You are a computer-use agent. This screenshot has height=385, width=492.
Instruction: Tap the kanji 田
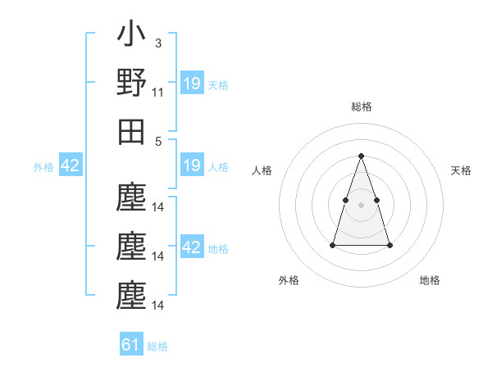[131, 131]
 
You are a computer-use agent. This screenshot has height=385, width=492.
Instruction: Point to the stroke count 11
[158, 93]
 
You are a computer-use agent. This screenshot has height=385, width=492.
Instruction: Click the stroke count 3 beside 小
[157, 43]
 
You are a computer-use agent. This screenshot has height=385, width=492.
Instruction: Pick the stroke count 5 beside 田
[157, 140]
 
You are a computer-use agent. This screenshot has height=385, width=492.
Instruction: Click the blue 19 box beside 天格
[192, 84]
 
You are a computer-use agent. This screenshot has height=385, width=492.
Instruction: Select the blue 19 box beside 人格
[192, 166]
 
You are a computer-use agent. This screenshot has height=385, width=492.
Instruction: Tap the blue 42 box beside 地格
[192, 247]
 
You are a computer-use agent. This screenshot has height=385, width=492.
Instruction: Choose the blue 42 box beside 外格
[70, 166]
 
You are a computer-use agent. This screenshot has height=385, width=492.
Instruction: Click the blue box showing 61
[131, 345]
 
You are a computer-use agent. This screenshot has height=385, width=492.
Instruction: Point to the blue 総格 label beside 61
[157, 346]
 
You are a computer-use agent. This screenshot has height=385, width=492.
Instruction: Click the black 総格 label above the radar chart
[361, 106]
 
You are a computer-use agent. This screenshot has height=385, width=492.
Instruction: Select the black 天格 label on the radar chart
[461, 170]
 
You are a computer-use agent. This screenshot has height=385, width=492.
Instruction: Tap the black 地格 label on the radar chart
[430, 280]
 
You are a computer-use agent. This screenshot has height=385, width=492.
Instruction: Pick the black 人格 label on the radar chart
[262, 170]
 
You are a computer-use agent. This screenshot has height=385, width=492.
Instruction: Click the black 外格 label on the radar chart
[289, 280]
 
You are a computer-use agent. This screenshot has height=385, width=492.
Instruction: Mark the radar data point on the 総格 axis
[361, 156]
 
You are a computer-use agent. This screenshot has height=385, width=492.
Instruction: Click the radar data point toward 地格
[389, 245]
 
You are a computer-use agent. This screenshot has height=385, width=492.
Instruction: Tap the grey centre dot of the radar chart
[361, 205]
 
